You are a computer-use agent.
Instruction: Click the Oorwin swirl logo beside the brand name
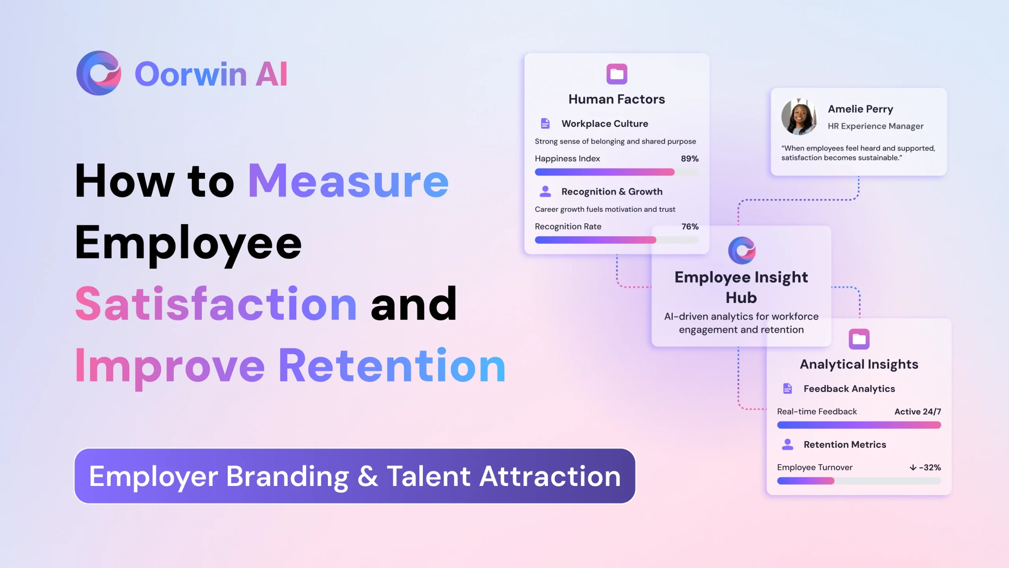coord(99,73)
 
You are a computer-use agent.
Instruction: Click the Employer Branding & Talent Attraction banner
coord(355,476)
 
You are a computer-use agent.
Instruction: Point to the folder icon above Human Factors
coord(617,74)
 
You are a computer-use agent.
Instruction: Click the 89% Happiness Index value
coord(690,159)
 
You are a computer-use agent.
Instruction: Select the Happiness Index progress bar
coord(617,172)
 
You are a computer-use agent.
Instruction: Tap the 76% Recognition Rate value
coord(690,226)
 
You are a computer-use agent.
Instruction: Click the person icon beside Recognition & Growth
coord(545,191)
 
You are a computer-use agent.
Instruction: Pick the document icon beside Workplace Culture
coord(545,123)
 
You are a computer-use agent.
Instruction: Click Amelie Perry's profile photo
coord(799,117)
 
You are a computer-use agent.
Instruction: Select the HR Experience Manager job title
coord(875,126)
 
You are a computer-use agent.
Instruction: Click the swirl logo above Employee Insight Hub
coord(741,250)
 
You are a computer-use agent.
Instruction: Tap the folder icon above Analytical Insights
coord(859,339)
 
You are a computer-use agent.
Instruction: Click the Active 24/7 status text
coord(918,411)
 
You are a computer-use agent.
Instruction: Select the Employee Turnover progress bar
coord(859,481)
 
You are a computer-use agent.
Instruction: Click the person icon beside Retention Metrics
coord(787,445)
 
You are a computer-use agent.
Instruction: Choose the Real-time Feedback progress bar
coord(859,425)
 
